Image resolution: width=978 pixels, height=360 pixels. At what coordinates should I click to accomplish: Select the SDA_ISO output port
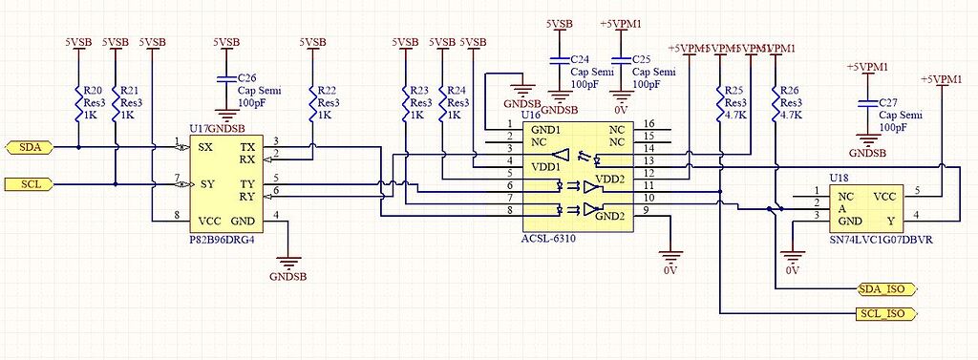[x=886, y=288]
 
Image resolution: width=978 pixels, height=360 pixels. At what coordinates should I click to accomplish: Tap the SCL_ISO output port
[x=886, y=312]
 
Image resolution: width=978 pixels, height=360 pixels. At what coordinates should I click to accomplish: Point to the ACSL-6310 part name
[x=549, y=239]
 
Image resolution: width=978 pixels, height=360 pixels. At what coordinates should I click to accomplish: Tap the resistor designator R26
[x=790, y=90]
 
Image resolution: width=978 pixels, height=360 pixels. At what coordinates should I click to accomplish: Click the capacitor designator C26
[x=246, y=76]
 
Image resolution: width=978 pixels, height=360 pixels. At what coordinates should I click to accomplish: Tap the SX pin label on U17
[x=205, y=148]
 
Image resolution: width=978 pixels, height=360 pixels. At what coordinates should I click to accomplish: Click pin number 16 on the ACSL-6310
[x=649, y=124]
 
